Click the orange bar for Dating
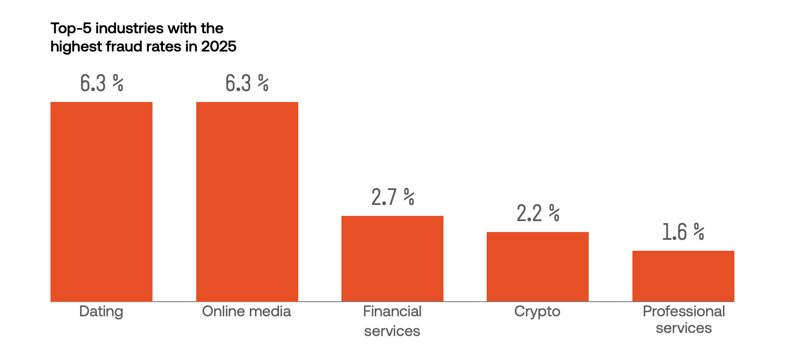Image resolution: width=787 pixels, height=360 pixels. coord(101,201)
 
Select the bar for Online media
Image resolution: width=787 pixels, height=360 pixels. coord(247,201)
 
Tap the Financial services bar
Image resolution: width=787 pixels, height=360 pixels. coord(392,259)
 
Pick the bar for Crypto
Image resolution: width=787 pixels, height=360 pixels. coord(537,266)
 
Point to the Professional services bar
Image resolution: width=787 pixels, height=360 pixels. coord(683,276)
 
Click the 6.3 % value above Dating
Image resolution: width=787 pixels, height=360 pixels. coord(101,83)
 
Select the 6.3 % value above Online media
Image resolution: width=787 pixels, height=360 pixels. coord(247,83)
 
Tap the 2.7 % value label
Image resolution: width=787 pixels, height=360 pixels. coord(392,197)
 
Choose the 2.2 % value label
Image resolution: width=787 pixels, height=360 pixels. coord(538,213)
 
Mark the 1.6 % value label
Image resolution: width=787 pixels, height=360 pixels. coord(683,232)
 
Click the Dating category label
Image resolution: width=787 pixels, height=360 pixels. coord(101,312)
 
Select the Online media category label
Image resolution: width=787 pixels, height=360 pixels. coord(247,312)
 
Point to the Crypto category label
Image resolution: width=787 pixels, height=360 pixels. coord(537,312)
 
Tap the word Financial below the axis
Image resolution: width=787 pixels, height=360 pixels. coord(392,312)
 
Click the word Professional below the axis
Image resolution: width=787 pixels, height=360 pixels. coord(683,312)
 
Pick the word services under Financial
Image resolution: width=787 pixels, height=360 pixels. coord(392,331)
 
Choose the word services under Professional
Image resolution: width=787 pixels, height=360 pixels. coord(683,328)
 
